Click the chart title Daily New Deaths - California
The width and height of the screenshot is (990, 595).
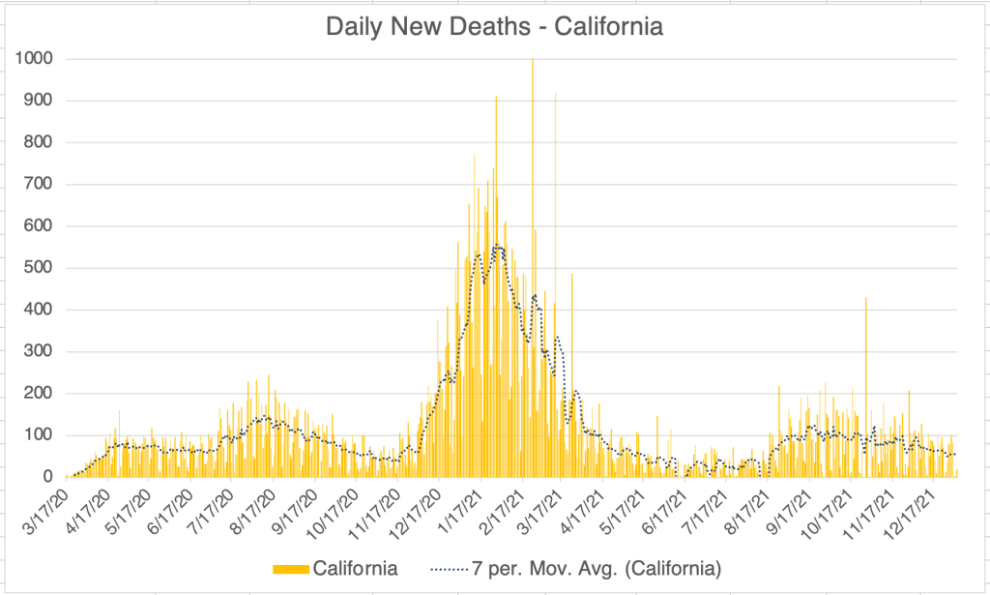pyautogui.click(x=494, y=26)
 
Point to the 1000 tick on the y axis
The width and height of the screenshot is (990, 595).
pyautogui.click(x=34, y=59)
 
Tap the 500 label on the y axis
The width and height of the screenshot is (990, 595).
pyautogui.click(x=39, y=268)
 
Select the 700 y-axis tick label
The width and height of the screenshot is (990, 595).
pyautogui.click(x=39, y=184)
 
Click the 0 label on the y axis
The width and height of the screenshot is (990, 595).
pyautogui.click(x=46, y=477)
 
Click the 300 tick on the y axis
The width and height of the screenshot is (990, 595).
pyautogui.click(x=39, y=351)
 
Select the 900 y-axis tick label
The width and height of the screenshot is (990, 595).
pyautogui.click(x=39, y=101)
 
